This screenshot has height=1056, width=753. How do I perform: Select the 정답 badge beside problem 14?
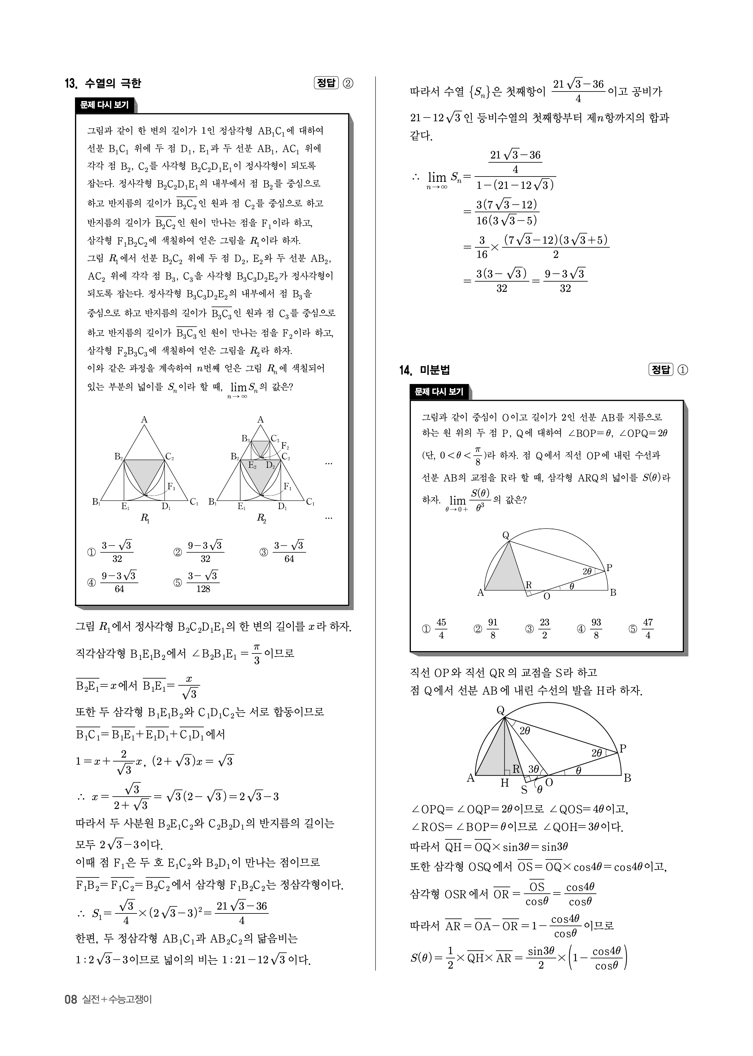(661, 370)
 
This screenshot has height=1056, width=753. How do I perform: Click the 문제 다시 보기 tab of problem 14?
(439, 392)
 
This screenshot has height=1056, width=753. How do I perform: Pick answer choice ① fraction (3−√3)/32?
(117, 552)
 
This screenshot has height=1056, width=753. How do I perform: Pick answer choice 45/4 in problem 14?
(441, 629)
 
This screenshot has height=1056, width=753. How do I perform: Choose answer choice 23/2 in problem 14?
(544, 629)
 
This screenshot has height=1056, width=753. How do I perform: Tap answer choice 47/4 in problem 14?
(648, 629)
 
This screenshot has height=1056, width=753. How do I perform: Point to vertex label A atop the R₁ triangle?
(144, 420)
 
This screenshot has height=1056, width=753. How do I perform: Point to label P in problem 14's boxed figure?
(609, 568)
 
